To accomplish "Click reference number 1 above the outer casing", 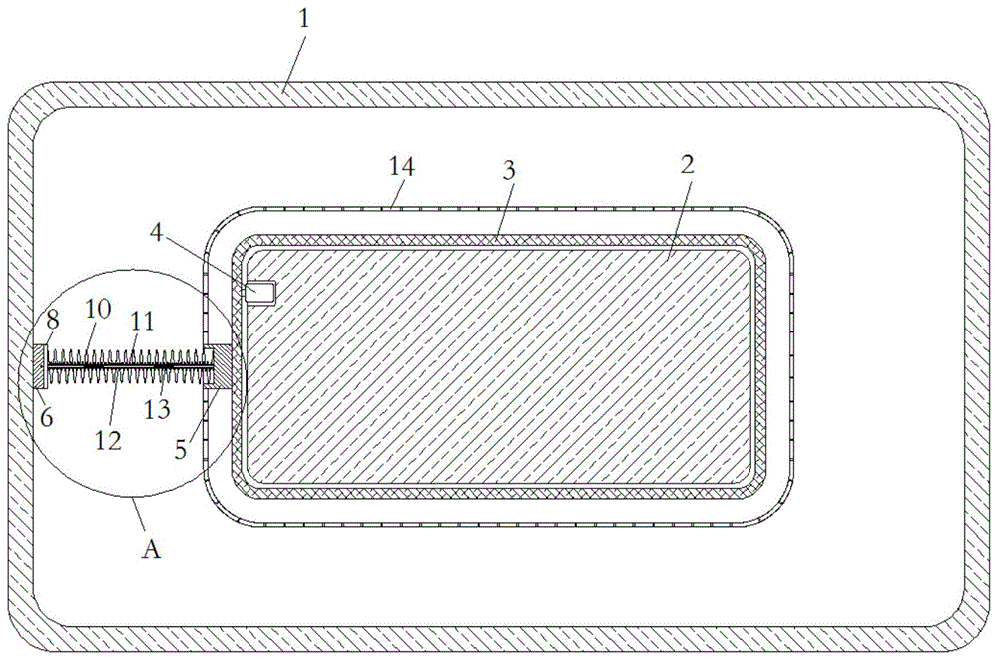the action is tap(304, 18).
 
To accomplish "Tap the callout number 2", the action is tap(687, 165).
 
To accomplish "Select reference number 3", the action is tap(509, 171).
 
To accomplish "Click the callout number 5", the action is tap(181, 450).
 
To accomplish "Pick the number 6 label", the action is tap(47, 417).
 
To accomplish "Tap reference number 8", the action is tap(53, 320).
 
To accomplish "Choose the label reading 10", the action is tap(98, 309).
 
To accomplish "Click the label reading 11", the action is tap(143, 321).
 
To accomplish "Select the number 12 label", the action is tap(108, 440).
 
